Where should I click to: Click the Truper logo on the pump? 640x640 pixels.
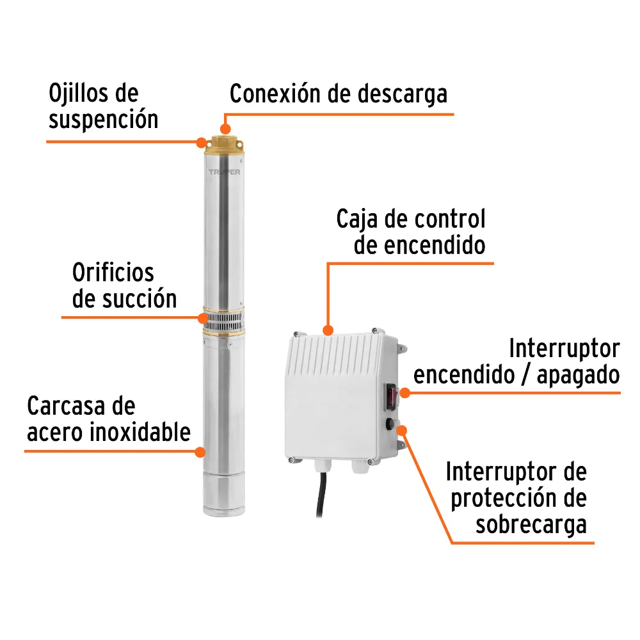click(x=225, y=172)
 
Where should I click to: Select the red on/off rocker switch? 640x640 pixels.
click(x=393, y=397)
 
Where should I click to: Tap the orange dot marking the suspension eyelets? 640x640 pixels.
click(x=201, y=143)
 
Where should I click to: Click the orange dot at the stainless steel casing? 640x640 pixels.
click(x=200, y=452)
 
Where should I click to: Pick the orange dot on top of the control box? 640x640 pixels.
click(x=328, y=330)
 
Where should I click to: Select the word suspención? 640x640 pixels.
click(x=104, y=119)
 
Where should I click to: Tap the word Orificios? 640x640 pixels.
click(x=113, y=272)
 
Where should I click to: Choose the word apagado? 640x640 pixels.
click(x=579, y=374)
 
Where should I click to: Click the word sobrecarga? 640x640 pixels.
click(x=531, y=525)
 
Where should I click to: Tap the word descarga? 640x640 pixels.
click(x=403, y=95)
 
